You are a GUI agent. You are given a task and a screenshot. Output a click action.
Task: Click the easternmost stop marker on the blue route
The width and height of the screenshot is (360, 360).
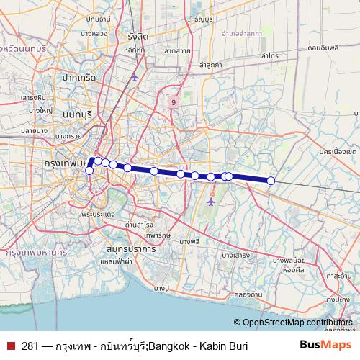(x=271, y=181)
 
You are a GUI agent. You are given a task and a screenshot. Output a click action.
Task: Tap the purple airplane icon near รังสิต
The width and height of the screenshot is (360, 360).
(x=135, y=76)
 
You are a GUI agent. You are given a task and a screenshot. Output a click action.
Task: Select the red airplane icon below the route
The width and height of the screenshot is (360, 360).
(x=211, y=202)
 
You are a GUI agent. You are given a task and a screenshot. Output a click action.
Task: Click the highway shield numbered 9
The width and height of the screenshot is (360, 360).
(x=174, y=103)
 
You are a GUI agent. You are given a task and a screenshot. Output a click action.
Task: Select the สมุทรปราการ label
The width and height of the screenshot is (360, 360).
(x=130, y=248)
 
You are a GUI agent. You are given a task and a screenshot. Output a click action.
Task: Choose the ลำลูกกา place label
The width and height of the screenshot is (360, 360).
(x=211, y=65)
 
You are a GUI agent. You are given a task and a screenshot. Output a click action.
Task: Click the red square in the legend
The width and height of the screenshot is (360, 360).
(x=11, y=345)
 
